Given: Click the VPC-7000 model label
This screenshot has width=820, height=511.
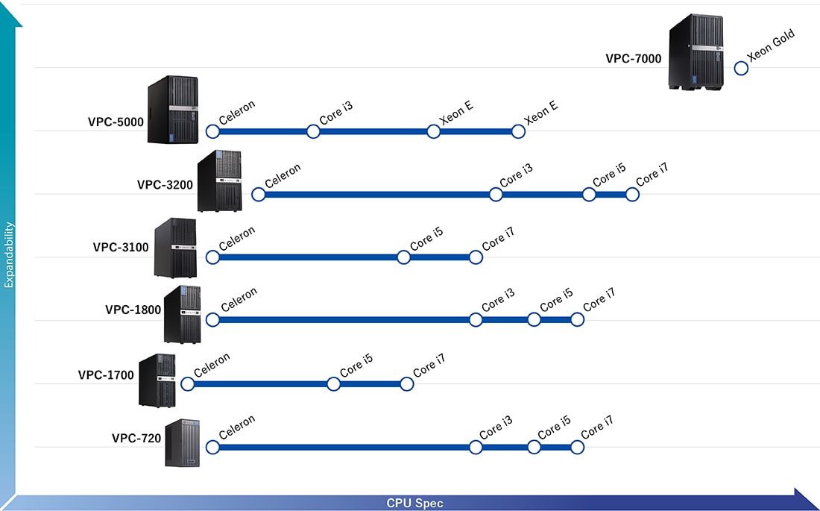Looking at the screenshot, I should (x=633, y=58).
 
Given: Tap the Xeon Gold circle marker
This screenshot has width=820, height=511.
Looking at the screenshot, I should (x=741, y=68).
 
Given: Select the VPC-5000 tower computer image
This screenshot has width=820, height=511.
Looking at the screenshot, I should (x=173, y=109).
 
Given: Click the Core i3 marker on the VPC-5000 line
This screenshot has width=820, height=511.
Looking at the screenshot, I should (x=313, y=131).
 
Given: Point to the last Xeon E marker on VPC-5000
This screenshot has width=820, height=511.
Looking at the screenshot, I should (x=518, y=131).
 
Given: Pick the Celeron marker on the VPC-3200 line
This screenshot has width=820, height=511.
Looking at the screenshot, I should (x=258, y=195).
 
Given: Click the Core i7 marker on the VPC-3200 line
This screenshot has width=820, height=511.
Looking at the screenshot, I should (x=632, y=195).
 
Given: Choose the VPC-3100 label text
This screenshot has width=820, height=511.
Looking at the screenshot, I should (x=121, y=247).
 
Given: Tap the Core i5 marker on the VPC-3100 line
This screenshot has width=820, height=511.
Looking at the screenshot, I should (x=403, y=257).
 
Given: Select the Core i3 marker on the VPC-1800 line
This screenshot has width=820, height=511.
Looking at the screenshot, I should (x=476, y=320).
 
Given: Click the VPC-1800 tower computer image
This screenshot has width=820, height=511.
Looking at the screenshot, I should (x=182, y=315).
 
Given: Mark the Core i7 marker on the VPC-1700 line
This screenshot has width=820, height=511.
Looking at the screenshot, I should (x=406, y=384).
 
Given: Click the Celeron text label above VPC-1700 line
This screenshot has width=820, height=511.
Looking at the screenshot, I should (x=212, y=364).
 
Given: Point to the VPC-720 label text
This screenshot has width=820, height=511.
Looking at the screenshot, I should (x=136, y=438).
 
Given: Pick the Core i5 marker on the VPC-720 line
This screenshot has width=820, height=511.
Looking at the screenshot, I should (x=534, y=448).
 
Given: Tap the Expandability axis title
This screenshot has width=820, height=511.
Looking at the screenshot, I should (x=10, y=254).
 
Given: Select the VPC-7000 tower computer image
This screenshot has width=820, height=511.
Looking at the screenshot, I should (x=696, y=54).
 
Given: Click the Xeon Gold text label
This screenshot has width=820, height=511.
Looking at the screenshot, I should (x=772, y=46).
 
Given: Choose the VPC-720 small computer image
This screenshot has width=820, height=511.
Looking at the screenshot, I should (x=183, y=443).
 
